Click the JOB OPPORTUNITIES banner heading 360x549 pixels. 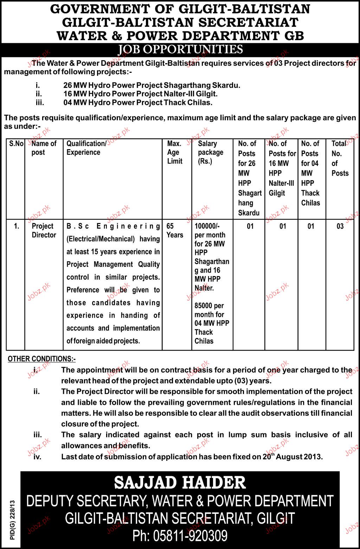pyautogui.click(x=180, y=49)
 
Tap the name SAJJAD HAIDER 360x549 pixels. pyautogui.click(x=180, y=483)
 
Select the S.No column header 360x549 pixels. pyautogui.click(x=16, y=143)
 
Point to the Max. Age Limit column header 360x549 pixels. pyautogui.click(x=175, y=152)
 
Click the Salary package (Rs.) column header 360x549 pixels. pyautogui.click(x=210, y=152)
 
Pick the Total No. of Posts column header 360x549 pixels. pyautogui.click(x=340, y=158)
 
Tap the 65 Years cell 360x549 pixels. pyautogui.click(x=175, y=230)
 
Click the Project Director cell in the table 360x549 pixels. pyautogui.click(x=44, y=230)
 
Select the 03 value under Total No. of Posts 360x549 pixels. pyautogui.click(x=340, y=226)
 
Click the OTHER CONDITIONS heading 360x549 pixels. pyautogui.click(x=41, y=359)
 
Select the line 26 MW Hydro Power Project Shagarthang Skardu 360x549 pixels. pyautogui.click(x=152, y=85)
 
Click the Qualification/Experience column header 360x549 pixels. pyautogui.click(x=86, y=148)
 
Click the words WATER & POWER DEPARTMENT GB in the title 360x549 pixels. pyautogui.click(x=180, y=36)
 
